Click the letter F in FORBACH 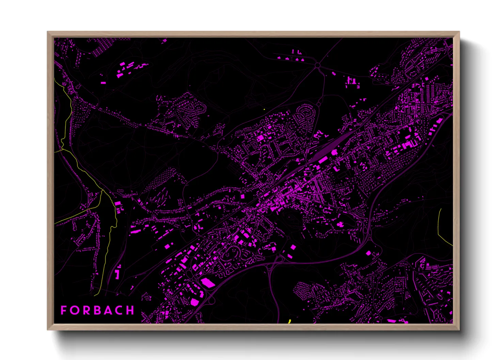coord(63,310)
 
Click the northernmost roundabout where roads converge coord(318,65)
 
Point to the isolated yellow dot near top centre coord(264,109)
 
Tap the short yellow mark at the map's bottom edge coord(289,321)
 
